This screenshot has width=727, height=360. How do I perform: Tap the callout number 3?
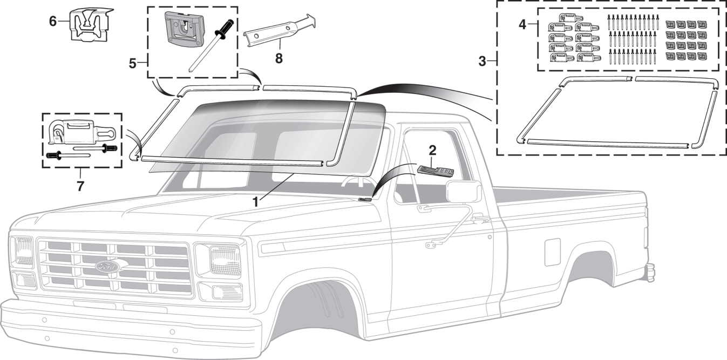pyautogui.click(x=483, y=61)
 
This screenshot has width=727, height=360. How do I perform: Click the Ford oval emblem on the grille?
pyautogui.click(x=111, y=267)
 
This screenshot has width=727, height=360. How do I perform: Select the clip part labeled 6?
pyautogui.click(x=90, y=25)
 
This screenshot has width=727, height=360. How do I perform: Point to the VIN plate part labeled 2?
pyautogui.click(x=435, y=171)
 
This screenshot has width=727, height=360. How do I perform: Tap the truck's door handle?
pyautogui.click(x=477, y=219)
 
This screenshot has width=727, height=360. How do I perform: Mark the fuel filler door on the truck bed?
pyautogui.click(x=552, y=252)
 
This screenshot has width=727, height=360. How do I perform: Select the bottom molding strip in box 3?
pyautogui.click(x=607, y=143)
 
